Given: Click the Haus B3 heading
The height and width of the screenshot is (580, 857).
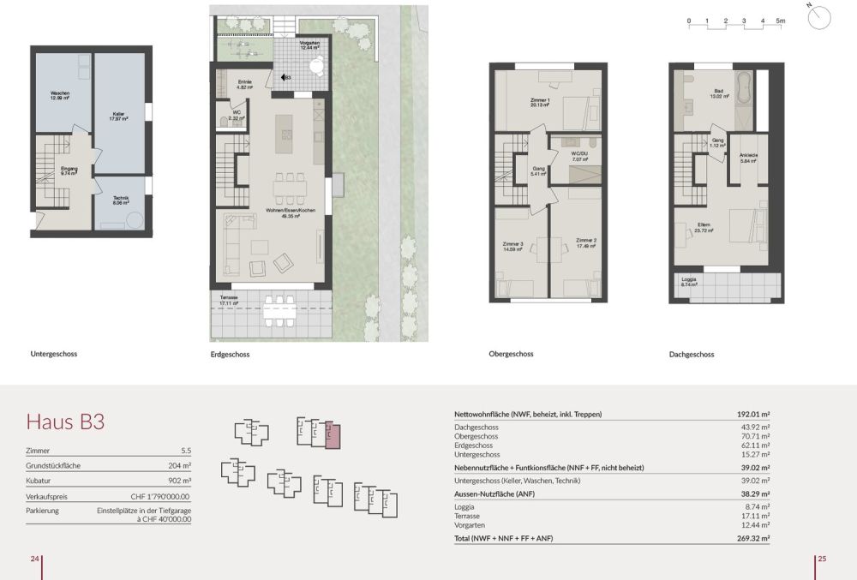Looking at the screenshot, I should point(65,422).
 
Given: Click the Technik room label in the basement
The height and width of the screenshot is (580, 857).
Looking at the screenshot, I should point(120,201).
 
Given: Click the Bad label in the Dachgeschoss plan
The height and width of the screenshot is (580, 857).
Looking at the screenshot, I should point(718,93).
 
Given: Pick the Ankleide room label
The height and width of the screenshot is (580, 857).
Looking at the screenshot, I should point(748,158).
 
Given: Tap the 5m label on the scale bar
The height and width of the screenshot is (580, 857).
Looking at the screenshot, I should point(781,19).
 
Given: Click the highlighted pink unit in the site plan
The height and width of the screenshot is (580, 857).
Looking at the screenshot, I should point(333,436).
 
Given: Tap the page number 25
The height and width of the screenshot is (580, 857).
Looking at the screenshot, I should point(821,559).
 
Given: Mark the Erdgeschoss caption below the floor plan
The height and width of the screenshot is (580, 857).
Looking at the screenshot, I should point(230,355).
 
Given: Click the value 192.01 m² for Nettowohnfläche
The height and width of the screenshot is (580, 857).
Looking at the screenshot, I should point(752,414).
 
